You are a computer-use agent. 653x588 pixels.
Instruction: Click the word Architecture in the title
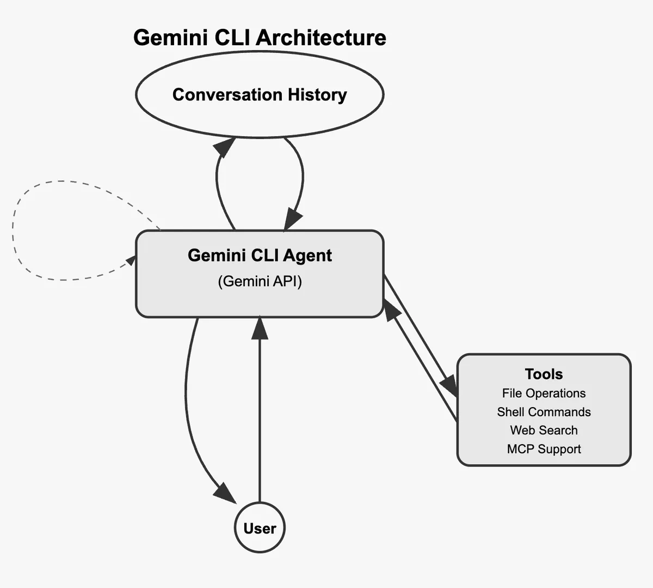(321, 38)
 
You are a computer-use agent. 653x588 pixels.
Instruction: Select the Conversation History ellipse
(260, 114)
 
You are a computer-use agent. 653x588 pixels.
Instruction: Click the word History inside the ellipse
(317, 95)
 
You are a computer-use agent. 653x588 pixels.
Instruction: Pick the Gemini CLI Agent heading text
(260, 256)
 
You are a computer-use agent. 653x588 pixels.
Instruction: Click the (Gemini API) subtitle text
(260, 281)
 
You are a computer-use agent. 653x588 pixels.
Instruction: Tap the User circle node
(260, 528)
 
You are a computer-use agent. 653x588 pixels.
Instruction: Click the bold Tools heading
(544, 374)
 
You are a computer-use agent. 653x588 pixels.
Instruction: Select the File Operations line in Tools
(544, 393)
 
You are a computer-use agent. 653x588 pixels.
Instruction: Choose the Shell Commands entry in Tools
(544, 412)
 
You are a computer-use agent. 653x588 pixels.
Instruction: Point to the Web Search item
(544, 431)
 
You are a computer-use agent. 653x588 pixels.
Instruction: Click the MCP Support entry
(544, 449)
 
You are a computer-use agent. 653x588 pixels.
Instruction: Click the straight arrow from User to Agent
(260, 414)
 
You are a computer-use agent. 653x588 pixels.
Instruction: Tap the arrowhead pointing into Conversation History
(225, 146)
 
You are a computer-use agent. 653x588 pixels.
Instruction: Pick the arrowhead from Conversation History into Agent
(292, 220)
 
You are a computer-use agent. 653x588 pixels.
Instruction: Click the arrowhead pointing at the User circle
(225, 493)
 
